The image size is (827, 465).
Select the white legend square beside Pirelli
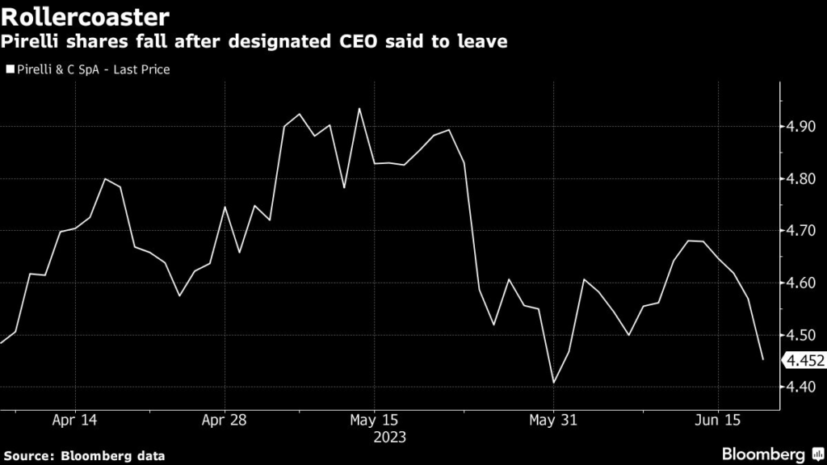(x=9, y=69)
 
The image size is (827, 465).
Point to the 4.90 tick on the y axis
(x=800, y=127)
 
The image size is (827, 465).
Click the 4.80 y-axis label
(x=800, y=178)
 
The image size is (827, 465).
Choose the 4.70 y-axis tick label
(x=800, y=231)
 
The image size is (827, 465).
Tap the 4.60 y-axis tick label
(x=800, y=283)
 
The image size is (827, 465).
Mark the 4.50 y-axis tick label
(x=800, y=335)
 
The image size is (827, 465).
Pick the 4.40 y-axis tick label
(x=800, y=387)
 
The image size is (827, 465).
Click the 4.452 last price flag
(x=804, y=360)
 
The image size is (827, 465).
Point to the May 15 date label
(x=374, y=420)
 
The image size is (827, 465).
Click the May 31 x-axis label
(x=553, y=420)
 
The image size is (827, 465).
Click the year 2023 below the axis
(x=389, y=437)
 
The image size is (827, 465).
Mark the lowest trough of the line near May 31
(x=554, y=383)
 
